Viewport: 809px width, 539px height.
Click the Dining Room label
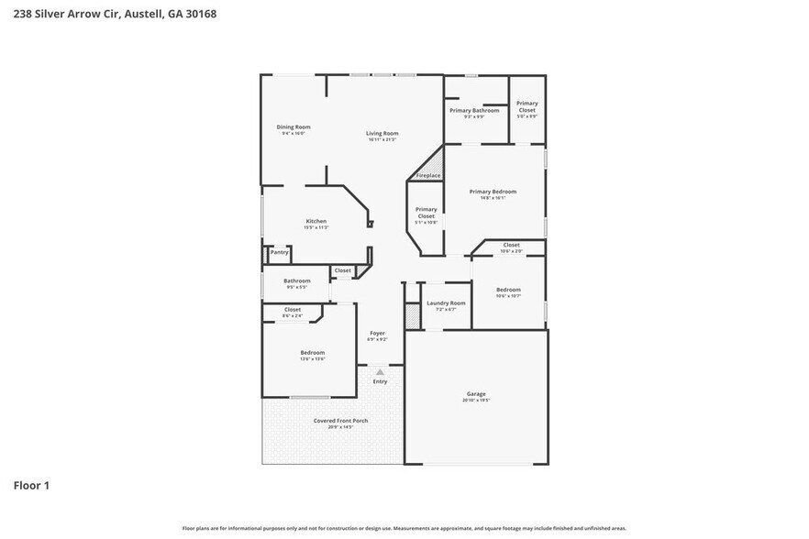click(x=294, y=126)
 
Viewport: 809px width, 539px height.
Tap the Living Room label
click(x=382, y=133)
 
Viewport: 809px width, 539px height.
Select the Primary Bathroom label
click(x=474, y=110)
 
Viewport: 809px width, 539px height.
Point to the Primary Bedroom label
click(x=493, y=192)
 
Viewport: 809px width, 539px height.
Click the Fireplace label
click(x=428, y=175)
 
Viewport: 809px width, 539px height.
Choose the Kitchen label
click(x=316, y=221)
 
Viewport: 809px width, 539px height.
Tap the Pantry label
click(x=279, y=252)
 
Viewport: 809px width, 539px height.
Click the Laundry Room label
click(x=446, y=302)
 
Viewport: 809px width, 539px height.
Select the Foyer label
click(x=377, y=333)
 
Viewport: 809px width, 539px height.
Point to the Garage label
click(x=476, y=394)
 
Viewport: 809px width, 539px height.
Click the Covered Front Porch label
click(x=340, y=421)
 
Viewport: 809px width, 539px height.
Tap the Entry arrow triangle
click(x=380, y=372)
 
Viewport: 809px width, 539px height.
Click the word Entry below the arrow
click(x=380, y=381)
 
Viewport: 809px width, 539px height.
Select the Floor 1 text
click(x=31, y=485)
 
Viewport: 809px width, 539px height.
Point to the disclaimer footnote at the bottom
click(x=404, y=528)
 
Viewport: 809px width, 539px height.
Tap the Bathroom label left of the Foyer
click(x=296, y=280)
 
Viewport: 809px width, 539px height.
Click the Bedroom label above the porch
click(x=312, y=352)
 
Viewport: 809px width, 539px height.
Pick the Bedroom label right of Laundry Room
click(x=508, y=290)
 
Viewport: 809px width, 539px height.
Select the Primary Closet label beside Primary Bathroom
click(x=526, y=106)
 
